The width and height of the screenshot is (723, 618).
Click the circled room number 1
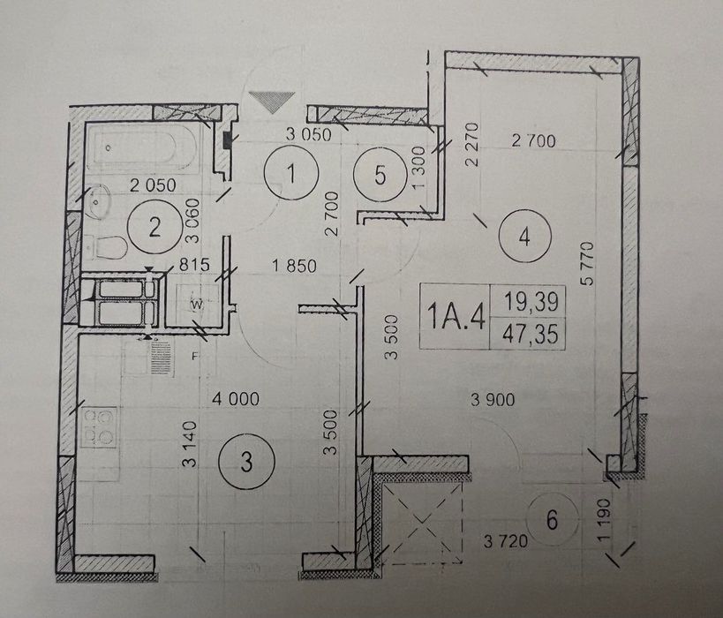[291, 173]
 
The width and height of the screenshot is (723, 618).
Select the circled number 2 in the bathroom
[154, 227]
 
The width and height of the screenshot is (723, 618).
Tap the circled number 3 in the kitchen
[246, 461]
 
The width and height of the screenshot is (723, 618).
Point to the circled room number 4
[524, 237]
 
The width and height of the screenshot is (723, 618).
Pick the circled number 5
[380, 174]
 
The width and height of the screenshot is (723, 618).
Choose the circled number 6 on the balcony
[552, 520]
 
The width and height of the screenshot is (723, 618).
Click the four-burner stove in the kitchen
[98, 427]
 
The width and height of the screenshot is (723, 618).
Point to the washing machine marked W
[198, 304]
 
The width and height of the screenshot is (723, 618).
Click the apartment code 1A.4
[456, 315]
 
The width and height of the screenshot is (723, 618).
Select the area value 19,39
[531, 302]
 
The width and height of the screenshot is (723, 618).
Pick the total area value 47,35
[531, 334]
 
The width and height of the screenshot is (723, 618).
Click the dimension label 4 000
[236, 399]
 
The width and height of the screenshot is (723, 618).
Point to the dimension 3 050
[308, 134]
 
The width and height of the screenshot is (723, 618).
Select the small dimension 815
[194, 265]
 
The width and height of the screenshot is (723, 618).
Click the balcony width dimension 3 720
[505, 540]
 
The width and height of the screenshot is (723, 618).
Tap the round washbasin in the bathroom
[96, 201]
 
